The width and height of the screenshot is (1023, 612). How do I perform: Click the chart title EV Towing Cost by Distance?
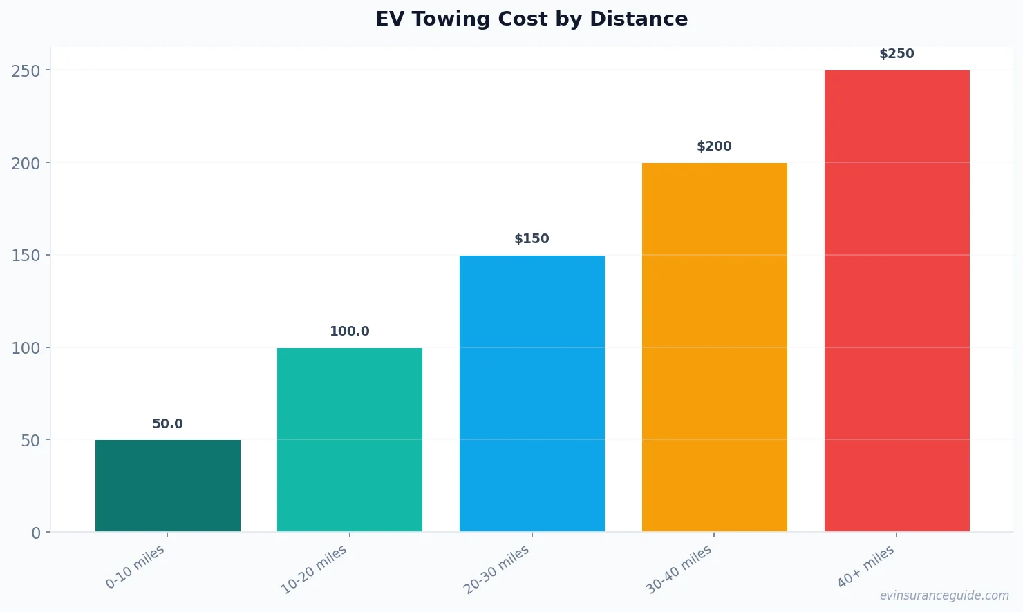[x=532, y=19]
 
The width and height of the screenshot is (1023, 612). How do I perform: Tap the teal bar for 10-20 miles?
[x=350, y=439]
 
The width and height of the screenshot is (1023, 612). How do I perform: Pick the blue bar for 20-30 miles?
[x=532, y=393]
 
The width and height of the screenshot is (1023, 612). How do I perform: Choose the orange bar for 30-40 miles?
[x=714, y=347]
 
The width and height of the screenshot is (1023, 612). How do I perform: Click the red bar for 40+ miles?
[x=897, y=300]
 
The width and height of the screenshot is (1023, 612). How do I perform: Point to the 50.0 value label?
[x=168, y=424]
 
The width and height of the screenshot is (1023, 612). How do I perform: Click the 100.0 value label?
[x=350, y=332]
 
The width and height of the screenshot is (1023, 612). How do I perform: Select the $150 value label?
[x=532, y=239]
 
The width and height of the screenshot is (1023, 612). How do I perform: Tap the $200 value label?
[x=714, y=146]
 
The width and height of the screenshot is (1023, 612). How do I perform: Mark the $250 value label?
[x=897, y=54]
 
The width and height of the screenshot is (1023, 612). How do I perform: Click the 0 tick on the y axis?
[x=36, y=533]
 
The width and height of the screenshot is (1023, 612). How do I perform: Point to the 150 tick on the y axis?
[x=26, y=256]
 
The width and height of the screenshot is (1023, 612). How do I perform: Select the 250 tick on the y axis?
[x=26, y=70]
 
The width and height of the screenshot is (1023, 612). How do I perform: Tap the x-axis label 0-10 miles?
[x=135, y=566]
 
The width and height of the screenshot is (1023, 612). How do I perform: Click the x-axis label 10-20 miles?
[x=314, y=569]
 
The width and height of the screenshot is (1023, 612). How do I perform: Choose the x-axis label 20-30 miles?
[x=496, y=569]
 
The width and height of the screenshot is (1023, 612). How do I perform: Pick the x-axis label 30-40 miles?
[x=679, y=569]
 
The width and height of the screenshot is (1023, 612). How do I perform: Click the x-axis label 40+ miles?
[x=865, y=566]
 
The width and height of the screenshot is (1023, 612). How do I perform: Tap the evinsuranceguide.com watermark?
[x=944, y=595]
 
